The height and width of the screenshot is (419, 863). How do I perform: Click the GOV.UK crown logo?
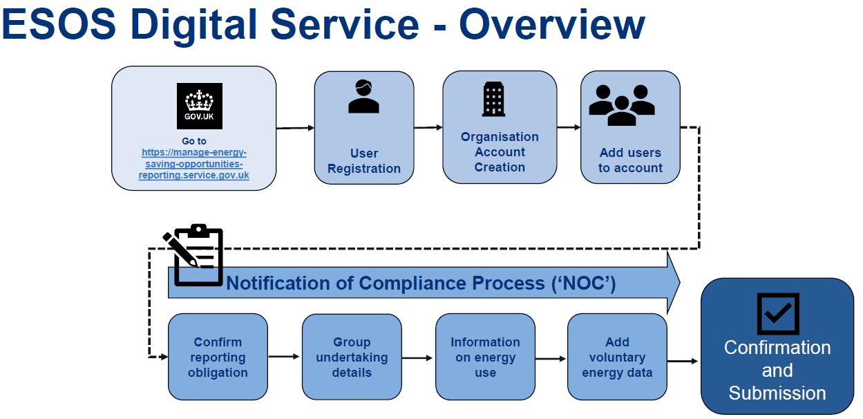(200, 106)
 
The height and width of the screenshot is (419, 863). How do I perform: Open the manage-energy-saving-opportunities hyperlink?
(194, 164)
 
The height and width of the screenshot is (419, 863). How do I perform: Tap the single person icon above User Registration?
(363, 96)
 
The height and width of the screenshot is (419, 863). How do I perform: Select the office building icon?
(493, 99)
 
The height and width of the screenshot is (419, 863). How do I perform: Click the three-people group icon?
(622, 105)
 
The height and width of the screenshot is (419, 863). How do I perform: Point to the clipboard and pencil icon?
(193, 255)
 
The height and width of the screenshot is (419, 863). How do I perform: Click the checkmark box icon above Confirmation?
(778, 314)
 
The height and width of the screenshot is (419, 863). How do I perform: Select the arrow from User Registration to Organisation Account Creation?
(428, 128)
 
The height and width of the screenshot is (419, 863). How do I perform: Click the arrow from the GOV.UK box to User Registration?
(296, 128)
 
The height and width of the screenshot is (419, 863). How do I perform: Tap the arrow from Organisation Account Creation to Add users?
(569, 127)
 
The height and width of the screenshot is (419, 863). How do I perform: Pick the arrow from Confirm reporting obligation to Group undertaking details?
(284, 357)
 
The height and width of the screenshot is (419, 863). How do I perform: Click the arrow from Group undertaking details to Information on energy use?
(417, 358)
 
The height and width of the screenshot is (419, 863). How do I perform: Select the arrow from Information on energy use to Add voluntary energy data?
(551, 359)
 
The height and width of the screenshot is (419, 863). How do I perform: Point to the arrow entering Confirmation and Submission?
(683, 361)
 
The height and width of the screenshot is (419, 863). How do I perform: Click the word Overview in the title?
(552, 25)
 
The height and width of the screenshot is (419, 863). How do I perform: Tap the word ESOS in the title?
(59, 24)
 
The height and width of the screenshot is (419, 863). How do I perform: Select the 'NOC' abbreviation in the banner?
(583, 283)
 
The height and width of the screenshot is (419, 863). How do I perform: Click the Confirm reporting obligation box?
(218, 357)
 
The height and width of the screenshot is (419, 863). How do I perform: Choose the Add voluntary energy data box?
(617, 357)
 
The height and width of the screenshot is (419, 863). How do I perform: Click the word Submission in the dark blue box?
(777, 393)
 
